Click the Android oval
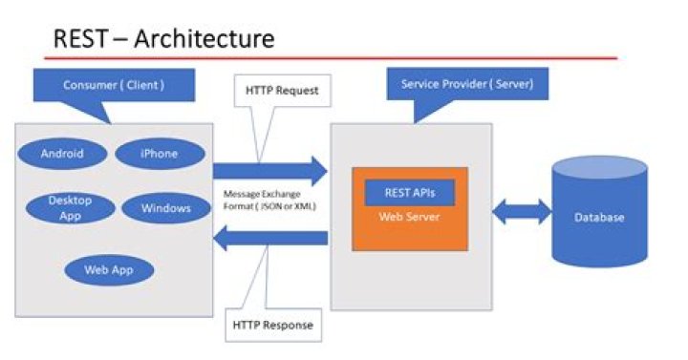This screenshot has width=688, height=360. coord(62,153)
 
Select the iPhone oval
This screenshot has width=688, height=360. coord(160,153)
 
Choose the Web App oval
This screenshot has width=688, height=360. coord(107,269)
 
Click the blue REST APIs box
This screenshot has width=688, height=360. coord(410,192)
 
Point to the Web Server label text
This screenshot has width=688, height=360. coord(409,217)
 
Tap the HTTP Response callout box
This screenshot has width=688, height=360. coord(273,324)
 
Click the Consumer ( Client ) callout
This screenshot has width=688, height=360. coord(114,85)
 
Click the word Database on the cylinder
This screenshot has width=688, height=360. coord(599,218)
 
